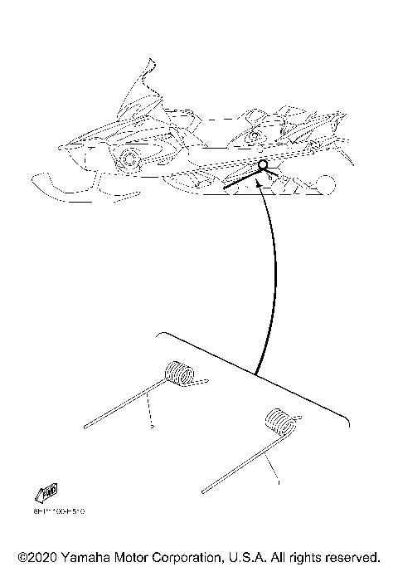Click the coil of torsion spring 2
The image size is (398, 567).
pos(179,374)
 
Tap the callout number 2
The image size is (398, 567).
pos(153,427)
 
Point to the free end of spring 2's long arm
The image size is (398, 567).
pos(85,428)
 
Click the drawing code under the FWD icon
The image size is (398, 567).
pos(60,512)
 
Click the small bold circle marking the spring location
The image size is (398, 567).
pos(263,165)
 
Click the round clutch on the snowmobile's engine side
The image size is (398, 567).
pos(129,159)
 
